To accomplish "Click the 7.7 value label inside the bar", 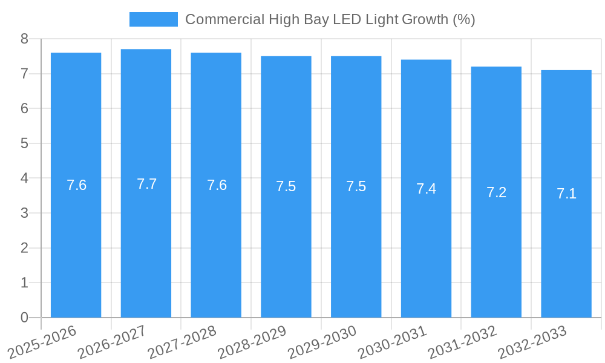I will pos(146,184).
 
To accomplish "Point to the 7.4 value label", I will pos(426,189).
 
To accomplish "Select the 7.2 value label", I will pos(496,192).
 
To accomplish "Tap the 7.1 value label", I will pos(566,194).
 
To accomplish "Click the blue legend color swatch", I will pos(154,19).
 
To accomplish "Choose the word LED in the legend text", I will pos(348,19).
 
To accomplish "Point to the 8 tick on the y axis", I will pos(24,39).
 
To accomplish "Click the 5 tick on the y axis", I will pos(24,143).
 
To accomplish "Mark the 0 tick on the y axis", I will pos(24,318).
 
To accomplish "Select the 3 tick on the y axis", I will pos(24,213).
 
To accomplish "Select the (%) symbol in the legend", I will pos(463,19).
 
